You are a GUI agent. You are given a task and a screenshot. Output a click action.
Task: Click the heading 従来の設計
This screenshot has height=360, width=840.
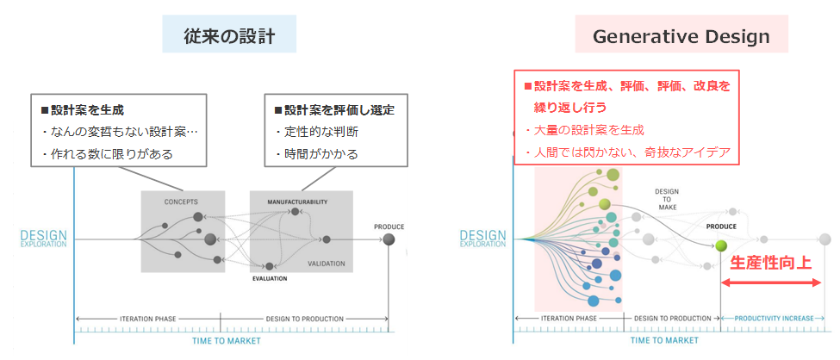228,36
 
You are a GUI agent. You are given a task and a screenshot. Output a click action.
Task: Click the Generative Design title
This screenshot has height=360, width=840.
681,37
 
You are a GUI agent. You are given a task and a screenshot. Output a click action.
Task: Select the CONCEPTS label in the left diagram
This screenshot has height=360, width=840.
183,202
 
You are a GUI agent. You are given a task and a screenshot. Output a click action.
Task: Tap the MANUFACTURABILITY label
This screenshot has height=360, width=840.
298,202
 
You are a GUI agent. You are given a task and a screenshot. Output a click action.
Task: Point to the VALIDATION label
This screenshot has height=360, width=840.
326,264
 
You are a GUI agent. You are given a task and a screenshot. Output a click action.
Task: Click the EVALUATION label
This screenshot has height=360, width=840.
269,279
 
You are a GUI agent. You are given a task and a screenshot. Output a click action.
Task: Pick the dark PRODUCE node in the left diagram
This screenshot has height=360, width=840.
389,239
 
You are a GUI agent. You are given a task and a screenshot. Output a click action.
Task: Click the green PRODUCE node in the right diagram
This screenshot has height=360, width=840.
721,246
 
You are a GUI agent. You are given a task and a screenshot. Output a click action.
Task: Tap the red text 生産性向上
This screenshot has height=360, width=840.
771,263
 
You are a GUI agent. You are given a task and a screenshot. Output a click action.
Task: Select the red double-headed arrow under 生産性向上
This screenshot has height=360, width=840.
771,282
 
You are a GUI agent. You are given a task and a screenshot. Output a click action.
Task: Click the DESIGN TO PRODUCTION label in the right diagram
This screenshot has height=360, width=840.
671,319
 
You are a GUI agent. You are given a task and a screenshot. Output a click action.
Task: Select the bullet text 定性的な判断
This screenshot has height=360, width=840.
316,133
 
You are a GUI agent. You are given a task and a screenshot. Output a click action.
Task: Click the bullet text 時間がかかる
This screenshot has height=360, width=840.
316,154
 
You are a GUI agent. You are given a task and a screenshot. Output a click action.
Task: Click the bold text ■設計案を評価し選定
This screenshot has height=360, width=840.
327,110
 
